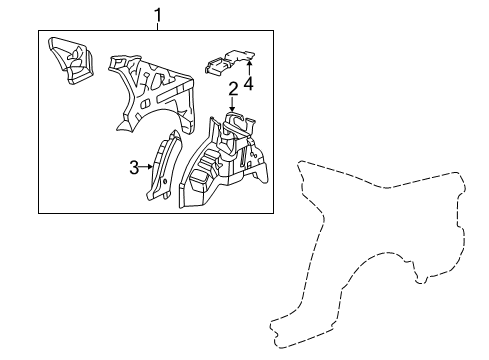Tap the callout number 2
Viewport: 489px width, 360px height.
point(232,90)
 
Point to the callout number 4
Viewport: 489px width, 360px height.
point(248,84)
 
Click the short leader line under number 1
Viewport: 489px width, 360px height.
point(157,27)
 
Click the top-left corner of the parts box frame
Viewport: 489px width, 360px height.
point(39,32)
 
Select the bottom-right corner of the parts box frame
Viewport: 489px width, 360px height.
point(274,213)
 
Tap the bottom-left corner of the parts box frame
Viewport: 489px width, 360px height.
point(39,213)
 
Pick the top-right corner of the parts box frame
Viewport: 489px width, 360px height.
point(274,32)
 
